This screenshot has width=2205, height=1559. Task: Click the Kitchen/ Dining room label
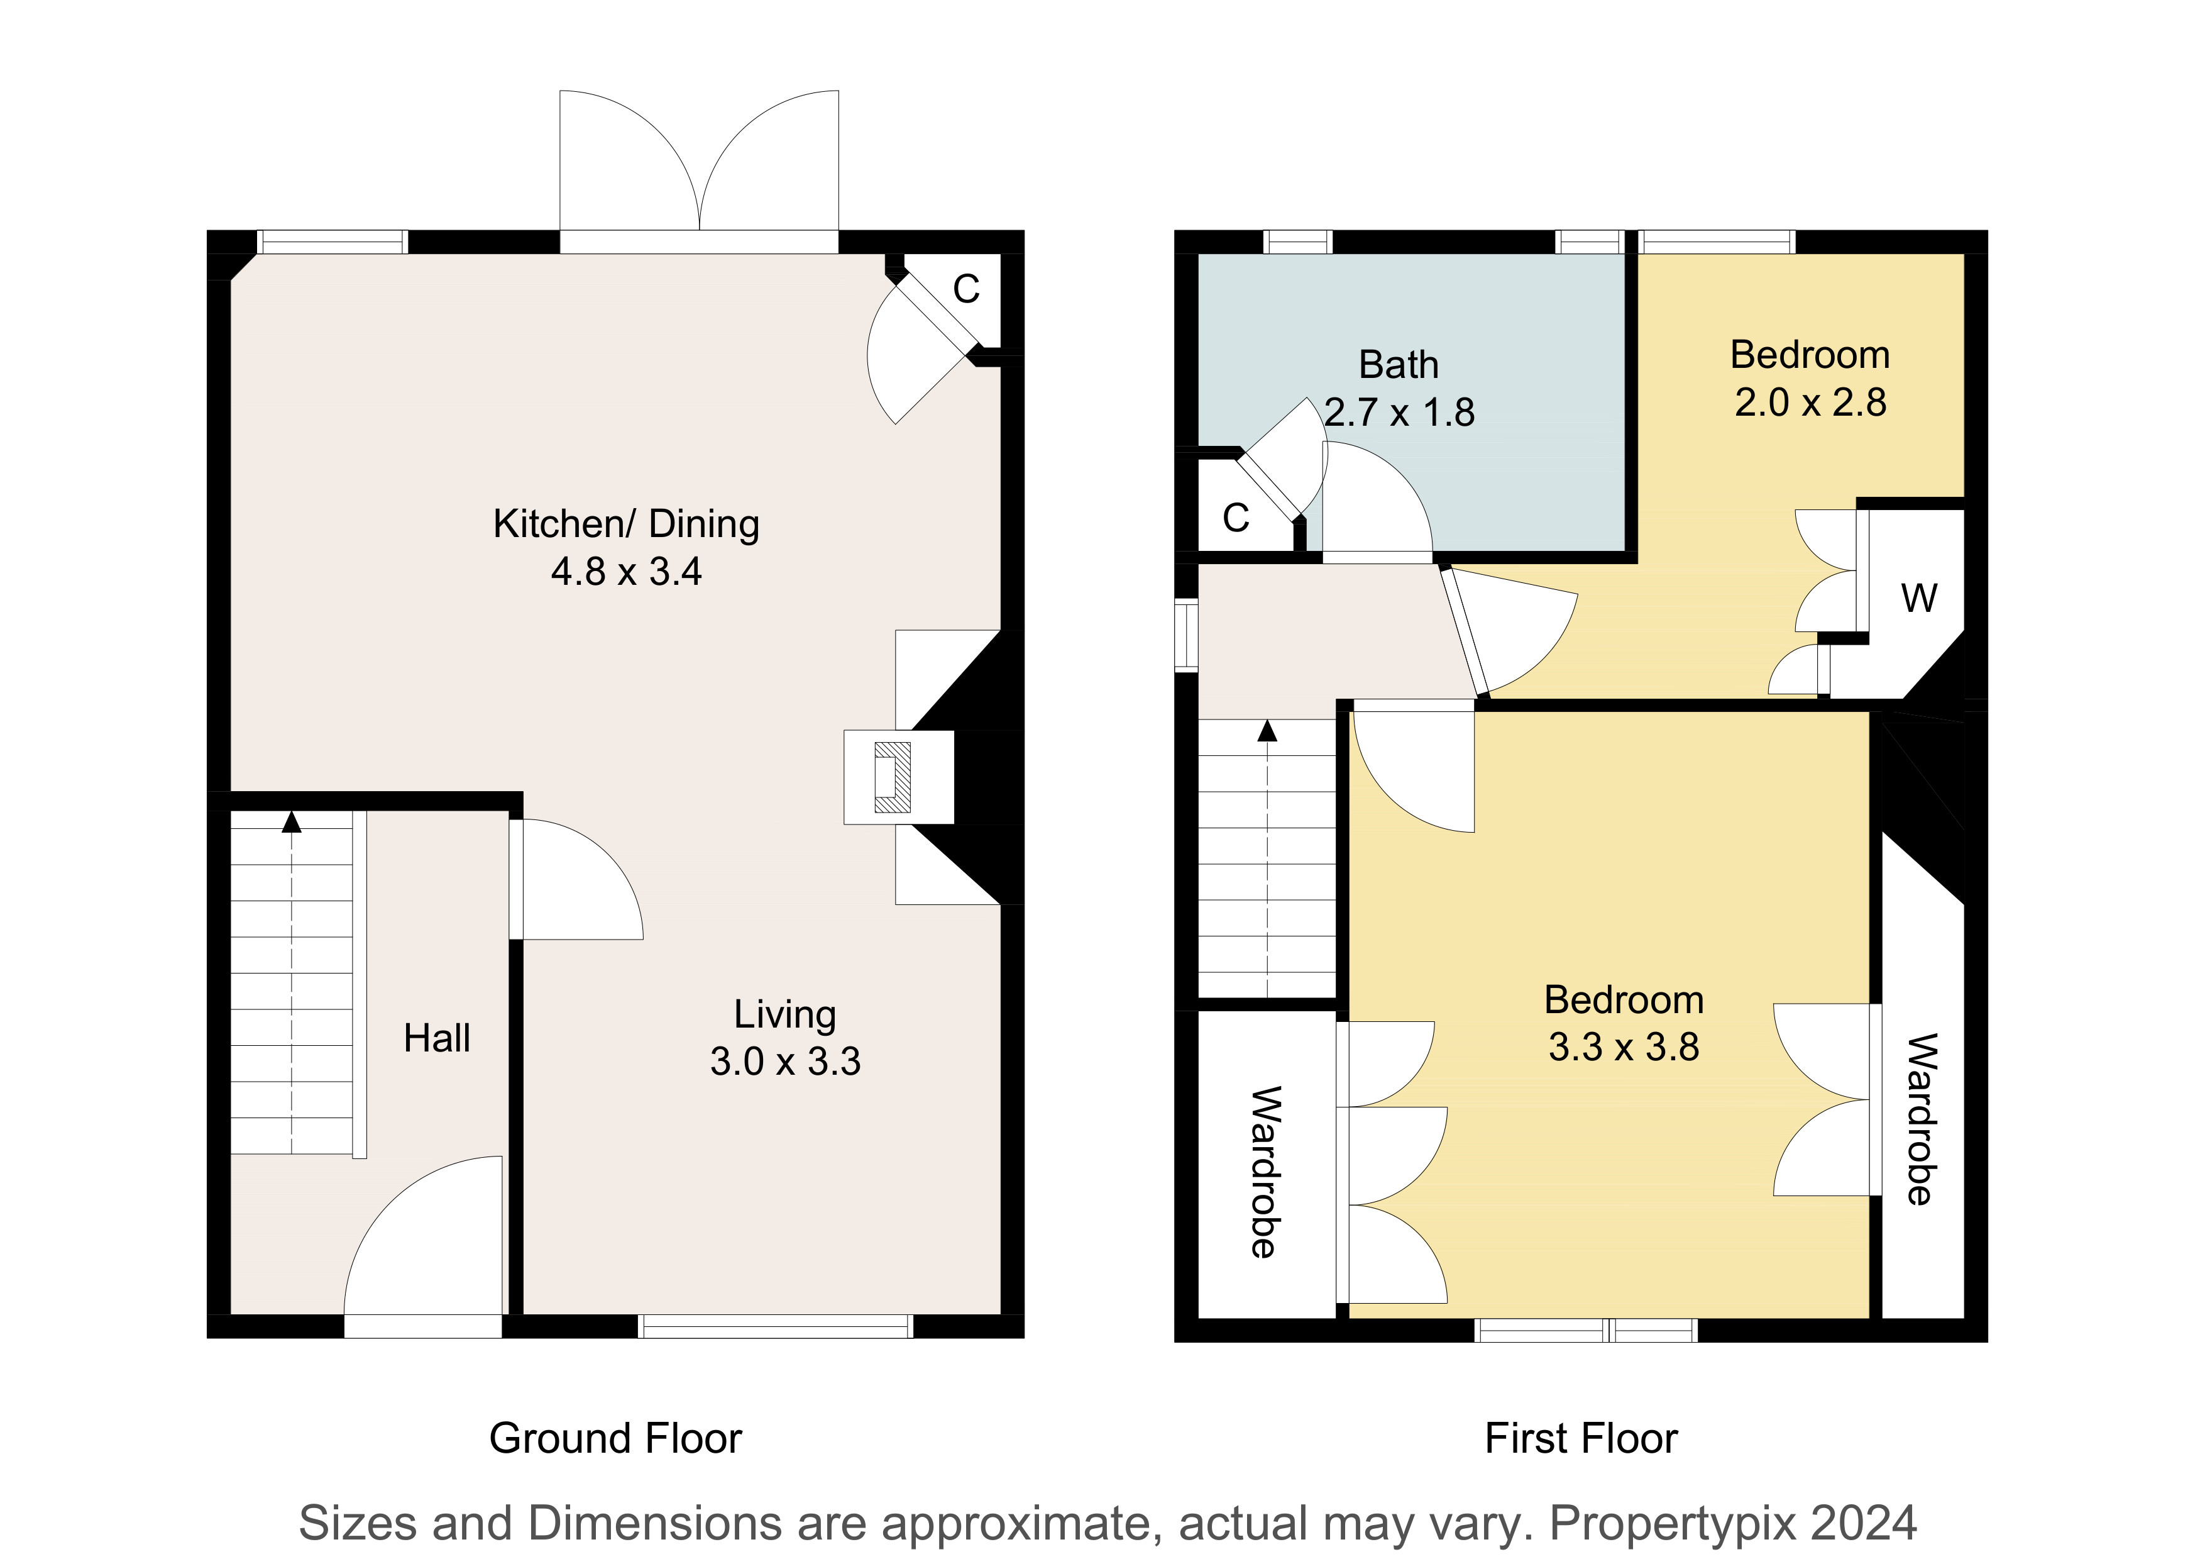click(626, 524)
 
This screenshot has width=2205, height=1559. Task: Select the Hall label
click(437, 1038)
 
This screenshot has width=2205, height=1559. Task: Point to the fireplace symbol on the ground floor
click(892, 777)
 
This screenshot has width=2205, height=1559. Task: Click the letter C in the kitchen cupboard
click(966, 289)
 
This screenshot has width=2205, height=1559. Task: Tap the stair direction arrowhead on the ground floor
click(291, 821)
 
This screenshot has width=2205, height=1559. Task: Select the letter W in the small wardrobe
click(1919, 599)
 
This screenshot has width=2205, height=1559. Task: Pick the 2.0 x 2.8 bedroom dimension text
click(1810, 402)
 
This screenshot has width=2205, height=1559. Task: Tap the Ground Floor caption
click(615, 1438)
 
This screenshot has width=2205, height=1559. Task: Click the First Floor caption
click(1581, 1438)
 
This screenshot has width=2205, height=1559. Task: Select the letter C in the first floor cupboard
click(1236, 519)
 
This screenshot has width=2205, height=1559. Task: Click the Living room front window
click(776, 1326)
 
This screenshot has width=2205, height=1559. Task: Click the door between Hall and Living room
click(576, 879)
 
